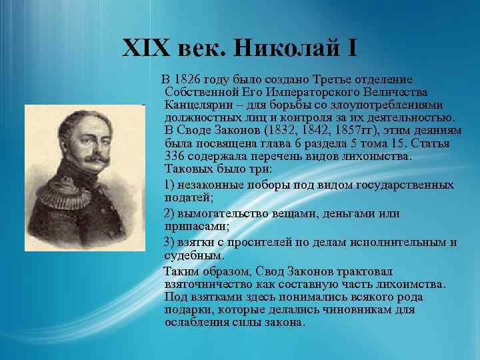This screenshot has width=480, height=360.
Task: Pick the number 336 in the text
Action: point(174,155)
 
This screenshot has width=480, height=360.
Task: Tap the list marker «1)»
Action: point(170,183)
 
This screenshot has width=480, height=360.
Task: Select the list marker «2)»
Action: point(170,213)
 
